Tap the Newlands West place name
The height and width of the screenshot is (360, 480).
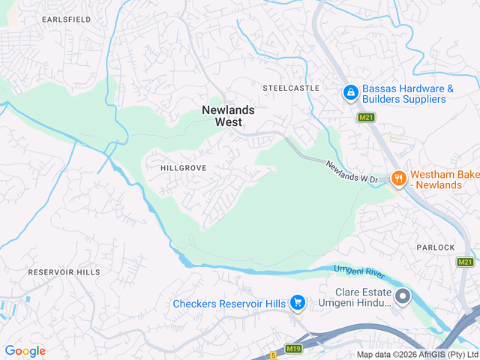coord(228,115)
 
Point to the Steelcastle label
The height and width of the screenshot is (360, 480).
coord(291,88)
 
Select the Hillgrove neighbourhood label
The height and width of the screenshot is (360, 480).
coord(183,168)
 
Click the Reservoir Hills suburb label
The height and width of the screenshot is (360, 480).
coord(64,271)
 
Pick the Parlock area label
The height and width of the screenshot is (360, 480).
coord(436,247)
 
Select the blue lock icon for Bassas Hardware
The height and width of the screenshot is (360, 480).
coord(350,93)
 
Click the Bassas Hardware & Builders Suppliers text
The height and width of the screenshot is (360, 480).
coord(408,93)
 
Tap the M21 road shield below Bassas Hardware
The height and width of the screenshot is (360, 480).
coord(366,118)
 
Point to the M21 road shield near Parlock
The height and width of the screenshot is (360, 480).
coord(465,261)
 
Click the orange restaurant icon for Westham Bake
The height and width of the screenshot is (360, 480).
coord(398,178)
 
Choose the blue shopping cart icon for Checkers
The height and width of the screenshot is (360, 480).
coord(298,303)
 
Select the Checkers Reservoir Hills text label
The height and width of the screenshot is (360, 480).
coord(229,304)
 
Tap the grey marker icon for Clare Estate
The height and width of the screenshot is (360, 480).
coord(403,297)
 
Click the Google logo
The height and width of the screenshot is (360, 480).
coord(25,351)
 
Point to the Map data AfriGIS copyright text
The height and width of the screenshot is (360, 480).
coord(417,355)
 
